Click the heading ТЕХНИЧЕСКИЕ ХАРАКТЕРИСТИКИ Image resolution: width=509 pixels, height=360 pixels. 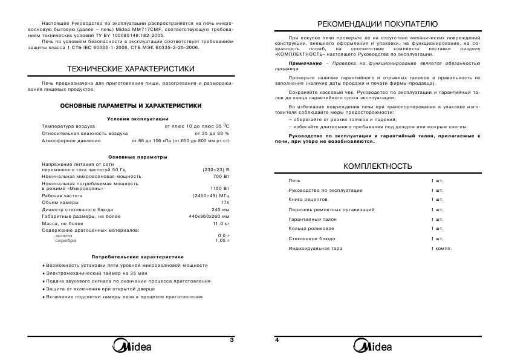pos(131,69)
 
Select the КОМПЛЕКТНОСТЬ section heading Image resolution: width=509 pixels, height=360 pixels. pos(377,166)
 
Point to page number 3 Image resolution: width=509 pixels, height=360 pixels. pos(232,340)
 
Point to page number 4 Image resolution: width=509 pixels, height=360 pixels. pos(277,340)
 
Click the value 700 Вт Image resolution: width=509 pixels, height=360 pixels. pos(222,177)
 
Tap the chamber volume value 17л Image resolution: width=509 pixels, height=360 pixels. pos(225,202)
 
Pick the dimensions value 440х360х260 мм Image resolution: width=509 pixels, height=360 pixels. pos(209,216)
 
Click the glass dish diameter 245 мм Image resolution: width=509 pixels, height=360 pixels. pos(221,209)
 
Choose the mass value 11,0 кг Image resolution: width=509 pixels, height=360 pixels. pos(221,223)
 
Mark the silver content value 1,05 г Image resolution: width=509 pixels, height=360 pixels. pos(223,240)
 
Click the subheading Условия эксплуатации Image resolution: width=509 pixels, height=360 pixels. pos(137,119)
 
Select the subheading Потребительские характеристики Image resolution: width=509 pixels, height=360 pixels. pos(137,257)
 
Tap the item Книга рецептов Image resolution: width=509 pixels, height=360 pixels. pos(308,199)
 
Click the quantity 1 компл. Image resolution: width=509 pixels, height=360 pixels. pos(441,249)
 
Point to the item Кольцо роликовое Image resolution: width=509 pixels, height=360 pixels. pos(311,229)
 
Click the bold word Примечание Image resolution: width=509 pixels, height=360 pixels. pos(305,63)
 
